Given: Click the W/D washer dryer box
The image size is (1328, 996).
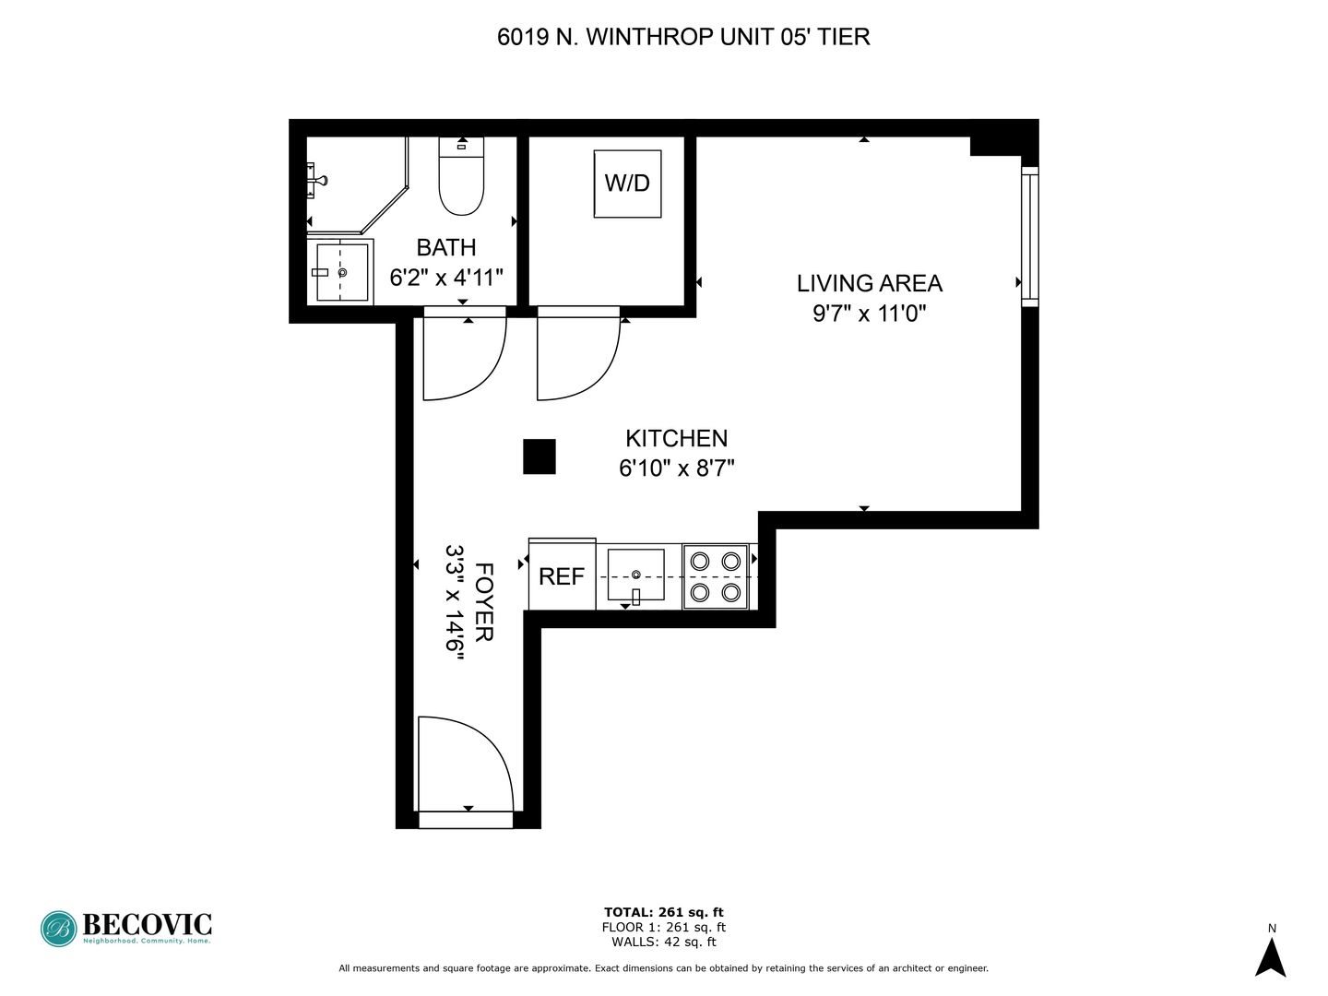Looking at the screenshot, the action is [x=627, y=184].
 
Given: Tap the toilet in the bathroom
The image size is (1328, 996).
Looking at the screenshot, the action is [x=461, y=176].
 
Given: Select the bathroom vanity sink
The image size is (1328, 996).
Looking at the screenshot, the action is [x=341, y=272].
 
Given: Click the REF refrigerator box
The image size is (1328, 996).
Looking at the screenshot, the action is [x=562, y=575].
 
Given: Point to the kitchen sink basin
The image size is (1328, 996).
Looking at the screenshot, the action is [x=635, y=575].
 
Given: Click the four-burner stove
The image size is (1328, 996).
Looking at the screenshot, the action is [x=716, y=577].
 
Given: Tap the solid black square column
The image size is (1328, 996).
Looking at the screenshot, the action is [x=539, y=456].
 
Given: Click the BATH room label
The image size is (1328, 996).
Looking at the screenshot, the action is [x=446, y=247].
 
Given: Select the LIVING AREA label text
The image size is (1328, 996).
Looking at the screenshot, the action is [x=870, y=283].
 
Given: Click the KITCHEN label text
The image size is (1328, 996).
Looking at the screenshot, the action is [x=676, y=438].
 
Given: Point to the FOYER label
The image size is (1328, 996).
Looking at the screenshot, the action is [x=484, y=601].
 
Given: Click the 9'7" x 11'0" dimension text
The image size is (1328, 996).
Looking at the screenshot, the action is [x=870, y=314].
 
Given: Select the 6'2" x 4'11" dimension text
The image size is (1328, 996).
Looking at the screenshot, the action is [x=446, y=278].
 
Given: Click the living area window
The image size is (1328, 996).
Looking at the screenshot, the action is [x=1030, y=236].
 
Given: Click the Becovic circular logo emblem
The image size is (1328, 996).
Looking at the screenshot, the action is [x=59, y=929].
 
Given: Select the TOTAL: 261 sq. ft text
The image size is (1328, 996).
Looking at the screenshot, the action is [x=664, y=912].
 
